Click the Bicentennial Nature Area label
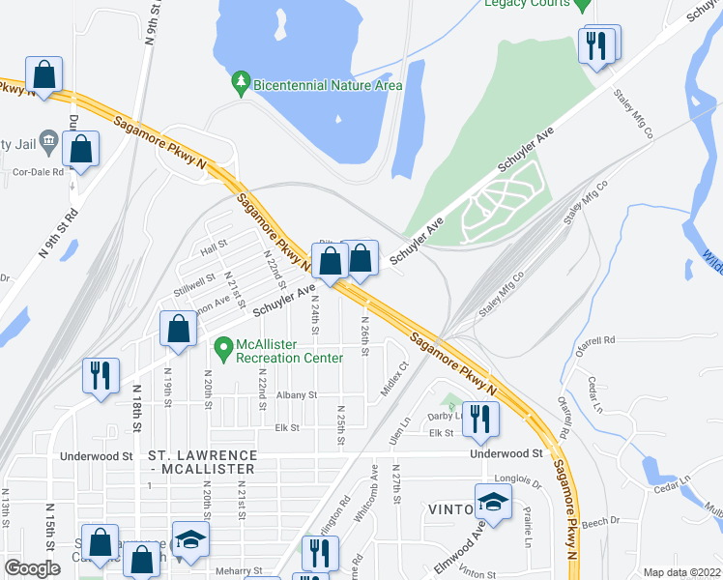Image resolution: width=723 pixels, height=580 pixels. click(x=327, y=85)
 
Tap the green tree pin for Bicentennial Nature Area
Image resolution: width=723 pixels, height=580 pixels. click(x=241, y=84)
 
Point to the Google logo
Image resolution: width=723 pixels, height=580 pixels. click(x=32, y=568)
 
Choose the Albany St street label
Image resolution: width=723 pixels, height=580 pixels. click(x=296, y=395)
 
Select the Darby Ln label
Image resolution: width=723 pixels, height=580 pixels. click(x=446, y=417)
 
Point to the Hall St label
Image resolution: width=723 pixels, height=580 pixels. click(x=213, y=248)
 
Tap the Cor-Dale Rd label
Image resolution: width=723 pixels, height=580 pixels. click(x=38, y=172)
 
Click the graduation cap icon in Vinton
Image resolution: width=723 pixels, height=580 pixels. click(x=493, y=502)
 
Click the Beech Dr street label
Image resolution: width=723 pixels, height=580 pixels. click(x=600, y=522)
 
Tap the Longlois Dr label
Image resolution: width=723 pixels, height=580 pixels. click(x=520, y=477)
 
